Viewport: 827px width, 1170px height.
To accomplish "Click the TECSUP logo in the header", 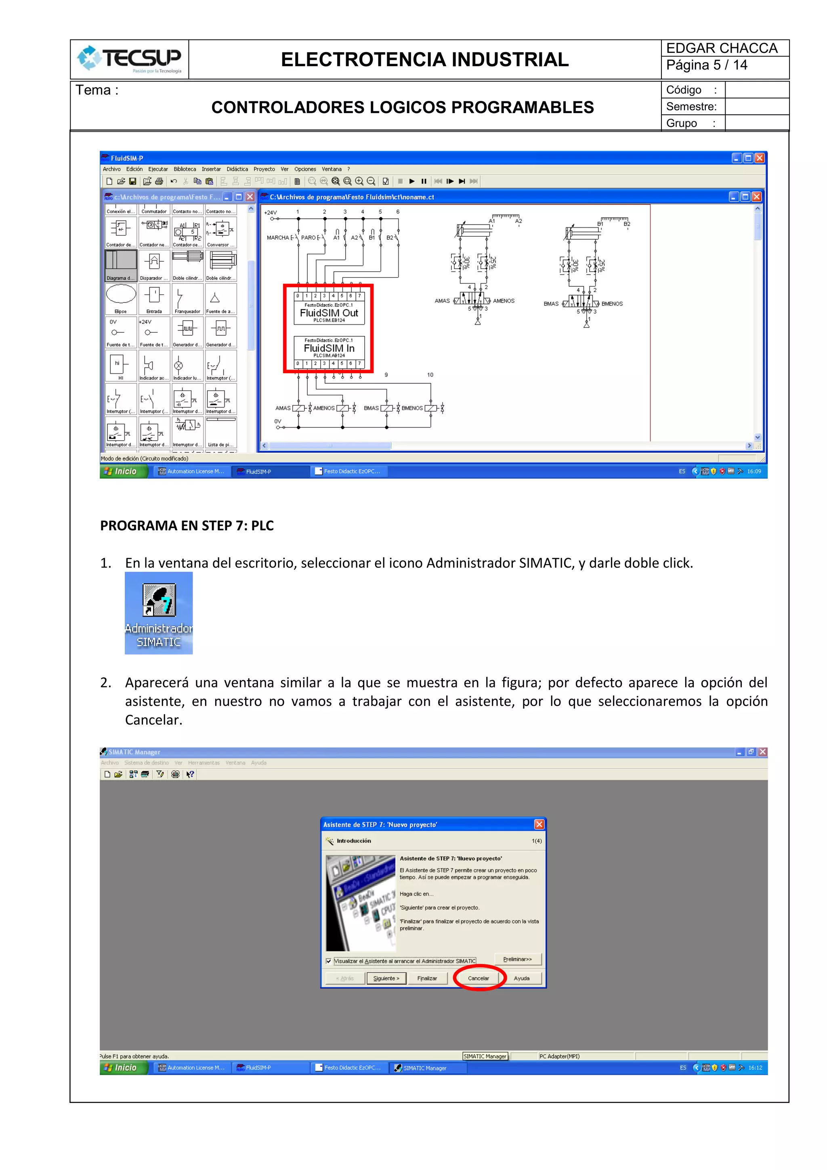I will (x=130, y=59).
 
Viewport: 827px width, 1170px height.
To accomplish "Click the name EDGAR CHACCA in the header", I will (x=722, y=48).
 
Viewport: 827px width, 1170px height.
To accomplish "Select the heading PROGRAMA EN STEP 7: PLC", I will (x=187, y=525).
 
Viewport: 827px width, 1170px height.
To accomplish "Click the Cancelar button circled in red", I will (x=478, y=978).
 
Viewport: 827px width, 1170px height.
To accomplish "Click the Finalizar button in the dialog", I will (x=427, y=978).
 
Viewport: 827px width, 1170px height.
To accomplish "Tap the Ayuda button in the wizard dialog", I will (x=521, y=978).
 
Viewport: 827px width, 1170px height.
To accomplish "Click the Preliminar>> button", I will (x=517, y=959).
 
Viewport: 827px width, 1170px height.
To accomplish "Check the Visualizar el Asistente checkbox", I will (x=329, y=961).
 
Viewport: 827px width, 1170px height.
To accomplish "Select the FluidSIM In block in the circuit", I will (x=329, y=348).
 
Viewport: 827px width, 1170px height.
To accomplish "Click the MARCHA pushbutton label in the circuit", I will (x=278, y=237).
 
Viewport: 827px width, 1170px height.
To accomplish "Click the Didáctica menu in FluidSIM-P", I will (x=237, y=169).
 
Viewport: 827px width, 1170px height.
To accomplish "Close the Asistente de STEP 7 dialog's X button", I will (x=539, y=824).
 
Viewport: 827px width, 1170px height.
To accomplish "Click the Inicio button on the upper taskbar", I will (x=123, y=471).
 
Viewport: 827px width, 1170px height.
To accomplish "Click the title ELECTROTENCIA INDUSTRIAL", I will (x=424, y=60).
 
